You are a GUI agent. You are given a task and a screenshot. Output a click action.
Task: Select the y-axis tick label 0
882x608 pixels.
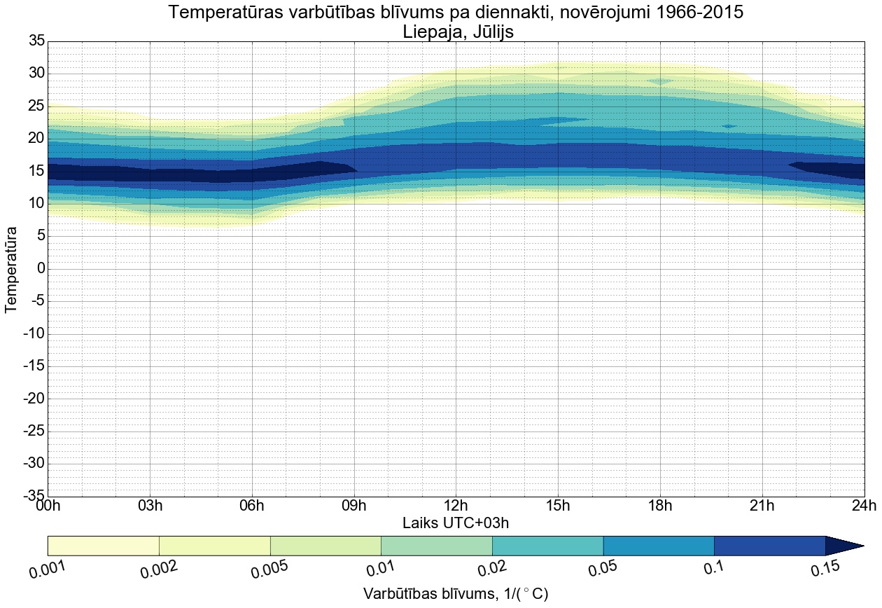[41, 269]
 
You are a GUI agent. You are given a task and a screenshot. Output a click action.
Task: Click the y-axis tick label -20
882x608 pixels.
[34, 399]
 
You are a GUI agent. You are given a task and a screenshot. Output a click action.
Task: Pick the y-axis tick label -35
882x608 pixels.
[34, 496]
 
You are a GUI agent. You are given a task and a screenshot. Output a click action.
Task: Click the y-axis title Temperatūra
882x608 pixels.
[11, 269]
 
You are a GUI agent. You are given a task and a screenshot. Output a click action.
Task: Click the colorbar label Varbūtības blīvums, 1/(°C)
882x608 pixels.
[456, 594]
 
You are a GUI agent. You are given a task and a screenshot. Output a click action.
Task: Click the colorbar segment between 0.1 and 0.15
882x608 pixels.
[770, 546]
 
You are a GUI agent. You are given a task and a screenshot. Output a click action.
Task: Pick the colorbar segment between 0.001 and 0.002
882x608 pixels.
[104, 546]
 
